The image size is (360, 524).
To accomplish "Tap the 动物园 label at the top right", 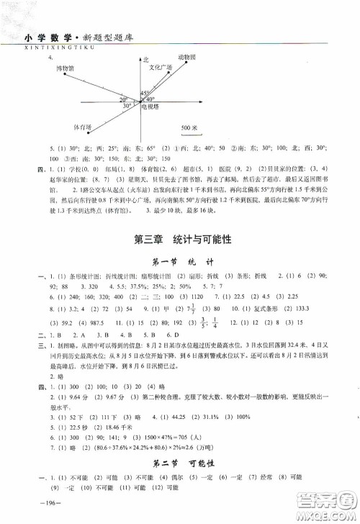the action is tap(189, 56).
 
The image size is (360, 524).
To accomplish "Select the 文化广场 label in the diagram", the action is tap(161, 67).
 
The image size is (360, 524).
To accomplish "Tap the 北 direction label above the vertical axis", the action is tap(145, 60).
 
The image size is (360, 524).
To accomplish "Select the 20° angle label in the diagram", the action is tap(124, 99).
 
